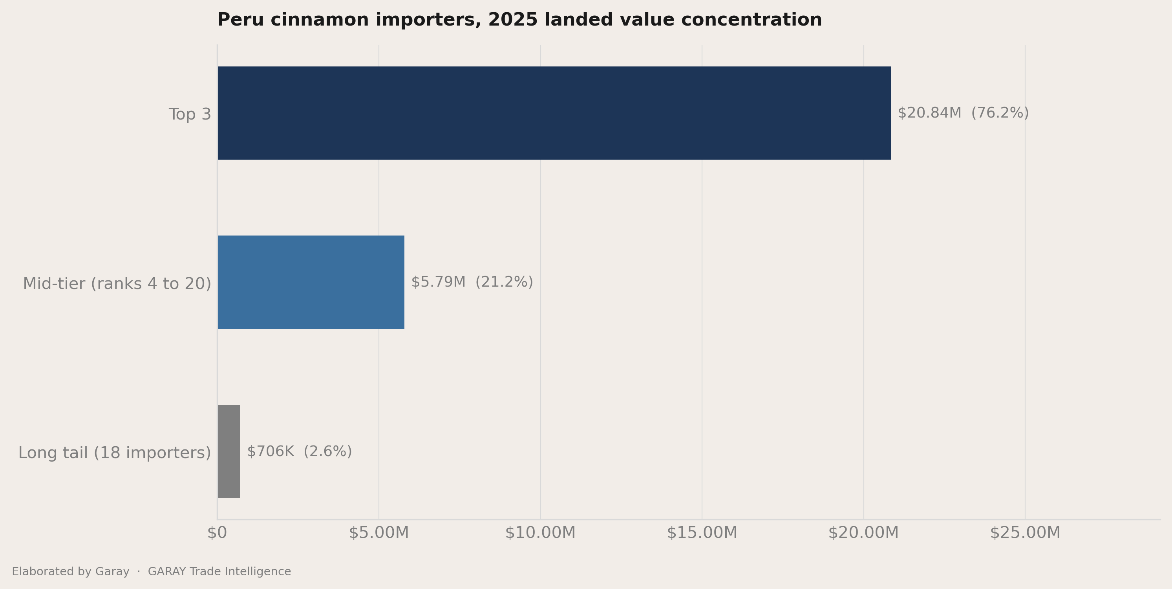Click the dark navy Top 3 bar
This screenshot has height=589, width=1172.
pyautogui.click(x=554, y=113)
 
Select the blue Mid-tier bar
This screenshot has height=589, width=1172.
pyautogui.click(x=311, y=282)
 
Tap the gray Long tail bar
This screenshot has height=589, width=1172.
pyautogui.click(x=229, y=451)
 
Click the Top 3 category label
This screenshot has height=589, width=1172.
pyautogui.click(x=190, y=114)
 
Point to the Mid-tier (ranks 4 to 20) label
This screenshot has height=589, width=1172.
pyautogui.click(x=117, y=283)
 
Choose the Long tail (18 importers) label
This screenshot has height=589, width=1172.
pyautogui.click(x=115, y=453)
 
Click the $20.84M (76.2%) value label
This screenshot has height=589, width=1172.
pyautogui.click(x=963, y=113)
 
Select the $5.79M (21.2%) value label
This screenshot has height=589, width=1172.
pyautogui.click(x=472, y=282)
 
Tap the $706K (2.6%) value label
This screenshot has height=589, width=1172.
pyautogui.click(x=299, y=451)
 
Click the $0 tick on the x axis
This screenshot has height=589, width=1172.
pyautogui.click(x=217, y=532)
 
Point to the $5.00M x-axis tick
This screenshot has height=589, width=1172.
pyautogui.click(x=378, y=532)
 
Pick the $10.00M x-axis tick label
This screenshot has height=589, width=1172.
pyautogui.click(x=541, y=532)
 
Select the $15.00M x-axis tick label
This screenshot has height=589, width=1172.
pyautogui.click(x=702, y=532)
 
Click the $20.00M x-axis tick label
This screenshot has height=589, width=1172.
pyautogui.click(x=863, y=532)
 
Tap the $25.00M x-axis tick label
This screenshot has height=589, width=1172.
pyautogui.click(x=1025, y=532)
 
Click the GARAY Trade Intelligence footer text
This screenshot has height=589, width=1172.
pyautogui.click(x=219, y=572)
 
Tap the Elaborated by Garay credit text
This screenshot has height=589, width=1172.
pyautogui.click(x=71, y=572)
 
